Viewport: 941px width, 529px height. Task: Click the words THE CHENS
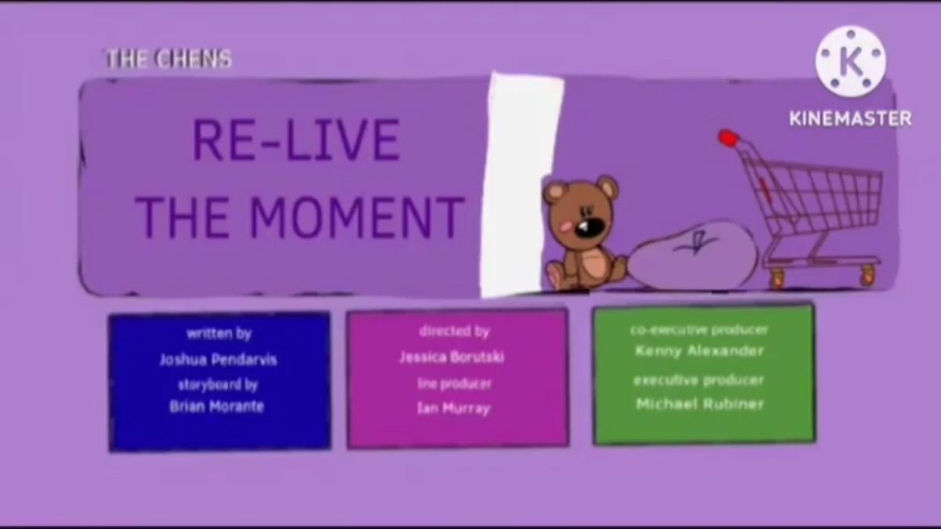[169, 59]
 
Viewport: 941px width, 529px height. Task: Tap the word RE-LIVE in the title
[296, 141]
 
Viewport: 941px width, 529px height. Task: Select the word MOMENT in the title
[357, 217]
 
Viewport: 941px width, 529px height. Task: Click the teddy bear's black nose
[590, 226]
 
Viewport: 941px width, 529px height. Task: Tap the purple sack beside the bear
[693, 255]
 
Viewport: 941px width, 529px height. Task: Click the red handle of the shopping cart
[728, 139]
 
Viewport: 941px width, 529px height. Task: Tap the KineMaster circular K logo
[850, 62]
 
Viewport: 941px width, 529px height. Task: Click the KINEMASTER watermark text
[850, 119]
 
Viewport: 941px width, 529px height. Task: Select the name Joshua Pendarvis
[218, 360]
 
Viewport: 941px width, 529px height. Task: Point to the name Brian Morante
[216, 406]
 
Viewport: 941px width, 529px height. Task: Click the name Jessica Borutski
[451, 357]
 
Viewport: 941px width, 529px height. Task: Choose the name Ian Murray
[454, 408]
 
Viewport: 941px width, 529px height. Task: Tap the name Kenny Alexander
[699, 351]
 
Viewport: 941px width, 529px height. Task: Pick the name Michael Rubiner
[699, 404]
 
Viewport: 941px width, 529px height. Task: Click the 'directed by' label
[455, 332]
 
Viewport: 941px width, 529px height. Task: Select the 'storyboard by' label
[218, 385]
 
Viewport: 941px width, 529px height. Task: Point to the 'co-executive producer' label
[699, 330]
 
